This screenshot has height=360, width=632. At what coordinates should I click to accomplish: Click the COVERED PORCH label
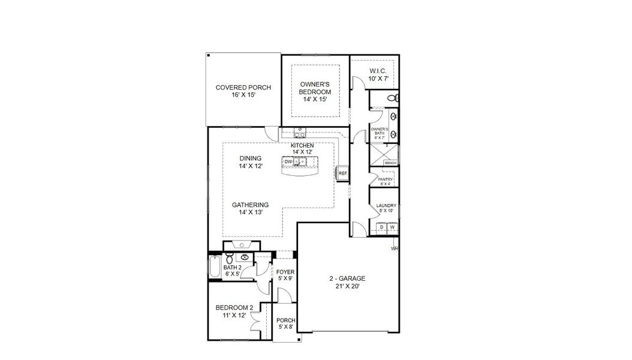[243, 88]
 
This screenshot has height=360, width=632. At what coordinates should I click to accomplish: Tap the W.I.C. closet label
[379, 71]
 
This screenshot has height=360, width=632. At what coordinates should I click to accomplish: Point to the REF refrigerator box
[343, 173]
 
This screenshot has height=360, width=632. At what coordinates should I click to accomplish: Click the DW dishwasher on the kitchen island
[288, 161]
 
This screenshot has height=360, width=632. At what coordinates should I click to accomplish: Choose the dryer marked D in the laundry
[381, 227]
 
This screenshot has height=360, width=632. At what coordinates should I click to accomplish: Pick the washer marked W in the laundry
[392, 227]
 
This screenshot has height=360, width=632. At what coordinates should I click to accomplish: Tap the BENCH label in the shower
[390, 163]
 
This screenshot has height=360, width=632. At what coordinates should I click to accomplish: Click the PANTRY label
[384, 179]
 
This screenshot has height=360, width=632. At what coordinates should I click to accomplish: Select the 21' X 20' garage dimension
[347, 287]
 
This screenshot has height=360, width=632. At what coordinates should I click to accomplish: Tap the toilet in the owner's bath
[391, 98]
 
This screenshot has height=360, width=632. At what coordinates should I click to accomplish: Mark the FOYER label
[285, 272]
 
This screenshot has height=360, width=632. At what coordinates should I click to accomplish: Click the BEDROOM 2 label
[234, 308]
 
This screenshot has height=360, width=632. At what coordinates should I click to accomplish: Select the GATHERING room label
[250, 205]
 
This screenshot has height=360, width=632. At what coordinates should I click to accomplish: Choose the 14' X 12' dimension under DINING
[251, 166]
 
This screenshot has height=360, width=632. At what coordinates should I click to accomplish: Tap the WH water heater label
[395, 248]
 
